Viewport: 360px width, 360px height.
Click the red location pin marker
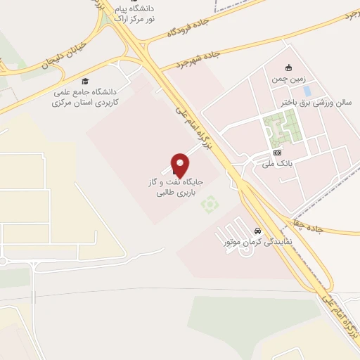tap(181, 165)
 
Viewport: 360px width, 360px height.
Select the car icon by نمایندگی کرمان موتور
tap(259, 231)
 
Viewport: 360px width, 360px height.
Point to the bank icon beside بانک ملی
tap(278, 152)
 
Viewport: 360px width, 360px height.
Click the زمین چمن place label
tap(288, 79)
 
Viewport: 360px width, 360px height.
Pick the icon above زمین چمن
tap(288, 68)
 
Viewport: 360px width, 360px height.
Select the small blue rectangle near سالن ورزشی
tap(306, 91)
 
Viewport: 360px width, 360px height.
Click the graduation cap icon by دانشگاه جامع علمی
tap(85, 81)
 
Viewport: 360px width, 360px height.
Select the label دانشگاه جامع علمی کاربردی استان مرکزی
tap(85, 96)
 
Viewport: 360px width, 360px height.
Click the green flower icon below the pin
tap(207, 205)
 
